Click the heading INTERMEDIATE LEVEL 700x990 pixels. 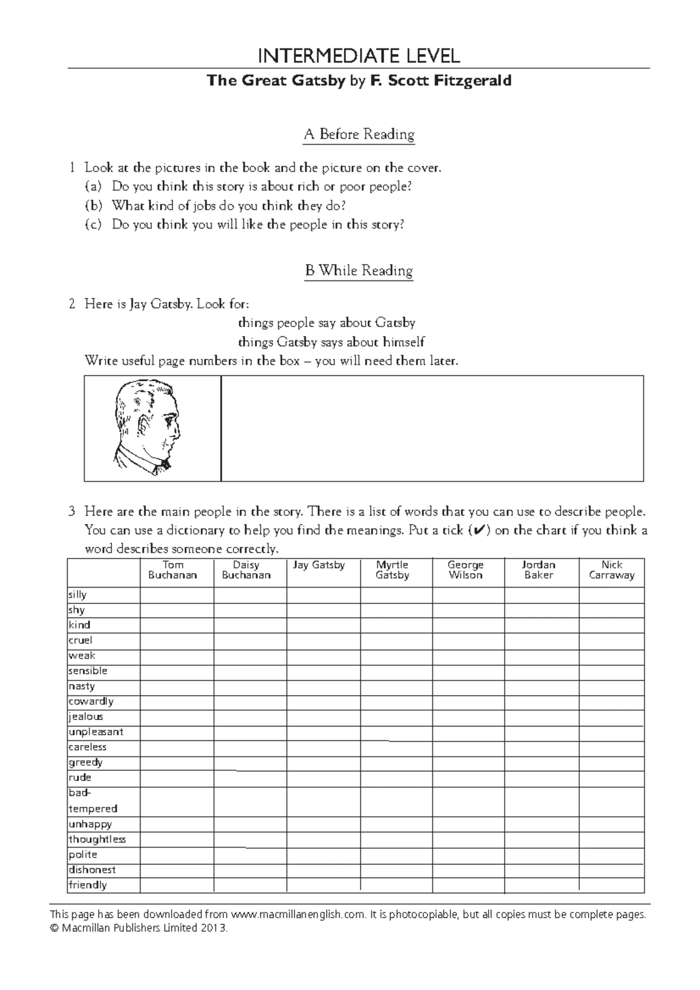[x=358, y=56]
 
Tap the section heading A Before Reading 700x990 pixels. [x=358, y=135]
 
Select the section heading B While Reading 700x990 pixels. [x=358, y=271]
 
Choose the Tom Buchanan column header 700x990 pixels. [x=173, y=570]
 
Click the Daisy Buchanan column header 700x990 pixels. [x=246, y=570]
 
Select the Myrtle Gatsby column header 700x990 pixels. [x=392, y=570]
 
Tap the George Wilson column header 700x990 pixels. [x=465, y=570]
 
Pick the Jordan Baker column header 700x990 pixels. [x=538, y=570]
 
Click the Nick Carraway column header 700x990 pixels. [x=611, y=570]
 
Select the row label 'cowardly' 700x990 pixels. [x=91, y=701]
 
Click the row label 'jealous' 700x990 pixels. [x=86, y=717]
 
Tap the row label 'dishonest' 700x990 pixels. [x=92, y=870]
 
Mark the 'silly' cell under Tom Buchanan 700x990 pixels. [x=177, y=595]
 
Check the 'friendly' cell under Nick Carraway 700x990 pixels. [x=611, y=885]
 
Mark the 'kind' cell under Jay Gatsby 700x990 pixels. [x=323, y=626]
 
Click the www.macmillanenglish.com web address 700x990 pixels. [x=298, y=914]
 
